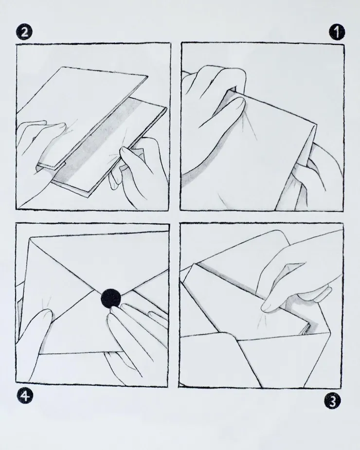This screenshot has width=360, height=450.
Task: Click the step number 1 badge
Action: point(337,32)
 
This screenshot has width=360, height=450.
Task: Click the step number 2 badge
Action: point(24,32)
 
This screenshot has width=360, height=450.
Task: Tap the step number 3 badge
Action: point(332,401)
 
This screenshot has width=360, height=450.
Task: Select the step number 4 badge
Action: point(25,396)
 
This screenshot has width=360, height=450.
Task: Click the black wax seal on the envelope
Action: point(111,299)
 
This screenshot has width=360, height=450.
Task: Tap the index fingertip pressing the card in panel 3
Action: point(267,307)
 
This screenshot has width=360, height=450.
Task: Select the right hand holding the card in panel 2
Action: point(141,169)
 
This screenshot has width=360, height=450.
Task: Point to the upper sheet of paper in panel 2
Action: point(83,115)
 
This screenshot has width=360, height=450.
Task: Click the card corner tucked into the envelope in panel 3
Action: point(305,327)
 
